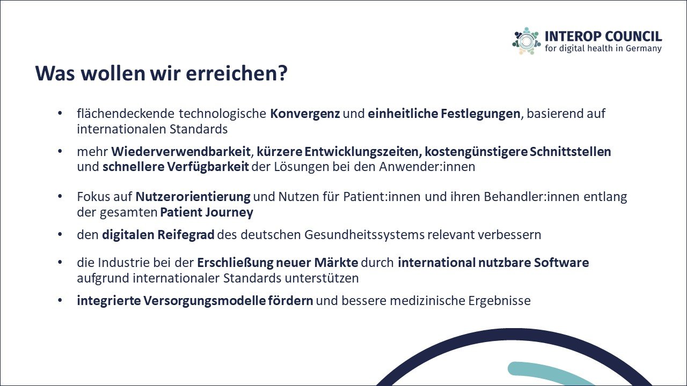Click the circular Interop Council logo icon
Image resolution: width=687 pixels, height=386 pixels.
(x=527, y=41)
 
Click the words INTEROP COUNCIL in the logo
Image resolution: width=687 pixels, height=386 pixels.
(x=603, y=36)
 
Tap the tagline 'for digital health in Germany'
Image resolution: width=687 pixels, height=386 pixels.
(x=603, y=48)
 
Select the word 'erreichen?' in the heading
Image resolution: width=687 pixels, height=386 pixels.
(x=237, y=73)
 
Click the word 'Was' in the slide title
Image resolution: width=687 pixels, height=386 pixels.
(x=55, y=73)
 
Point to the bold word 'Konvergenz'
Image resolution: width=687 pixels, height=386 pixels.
(x=305, y=114)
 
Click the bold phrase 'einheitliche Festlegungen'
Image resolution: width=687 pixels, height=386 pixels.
(x=444, y=114)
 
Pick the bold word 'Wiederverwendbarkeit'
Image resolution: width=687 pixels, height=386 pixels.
(x=181, y=152)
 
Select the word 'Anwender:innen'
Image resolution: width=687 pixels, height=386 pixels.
(x=427, y=167)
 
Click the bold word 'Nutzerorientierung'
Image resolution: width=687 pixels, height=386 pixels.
(x=193, y=197)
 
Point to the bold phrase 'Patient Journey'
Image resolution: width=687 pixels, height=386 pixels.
(x=207, y=212)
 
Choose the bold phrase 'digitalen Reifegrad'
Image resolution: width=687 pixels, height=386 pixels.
(x=158, y=235)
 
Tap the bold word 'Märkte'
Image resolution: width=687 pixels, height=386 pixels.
(x=336, y=263)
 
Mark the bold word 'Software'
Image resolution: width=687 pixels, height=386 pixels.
(x=561, y=263)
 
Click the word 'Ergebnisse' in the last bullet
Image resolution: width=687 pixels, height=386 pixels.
(x=499, y=301)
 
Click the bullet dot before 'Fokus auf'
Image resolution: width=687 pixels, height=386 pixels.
(x=60, y=196)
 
